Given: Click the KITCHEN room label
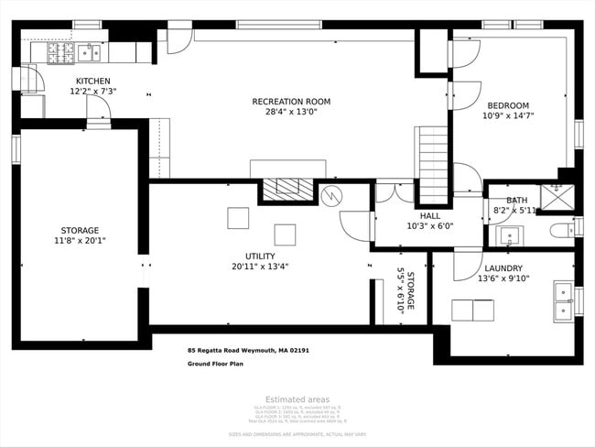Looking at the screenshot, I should (93, 81).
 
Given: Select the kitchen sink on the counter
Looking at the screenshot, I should (89, 52).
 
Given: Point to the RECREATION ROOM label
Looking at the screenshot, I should (291, 102).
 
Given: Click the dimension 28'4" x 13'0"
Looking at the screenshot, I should (291, 113).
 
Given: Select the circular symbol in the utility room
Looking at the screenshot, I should (330, 196).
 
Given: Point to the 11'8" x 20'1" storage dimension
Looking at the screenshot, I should (81, 241).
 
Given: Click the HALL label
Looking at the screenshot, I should (429, 216).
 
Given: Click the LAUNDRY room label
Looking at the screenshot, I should (503, 268).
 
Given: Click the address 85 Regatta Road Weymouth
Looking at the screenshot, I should (248, 349).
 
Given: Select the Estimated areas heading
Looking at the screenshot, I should (297, 399).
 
